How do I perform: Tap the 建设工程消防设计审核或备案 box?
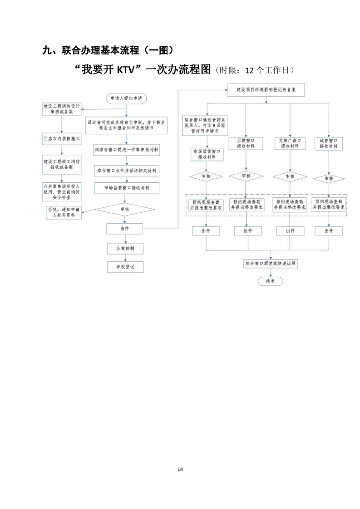61,109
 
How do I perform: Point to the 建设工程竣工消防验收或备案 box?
61,164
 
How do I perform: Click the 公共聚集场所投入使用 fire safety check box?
61,192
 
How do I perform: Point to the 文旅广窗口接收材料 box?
290,143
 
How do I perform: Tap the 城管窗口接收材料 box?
328,143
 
